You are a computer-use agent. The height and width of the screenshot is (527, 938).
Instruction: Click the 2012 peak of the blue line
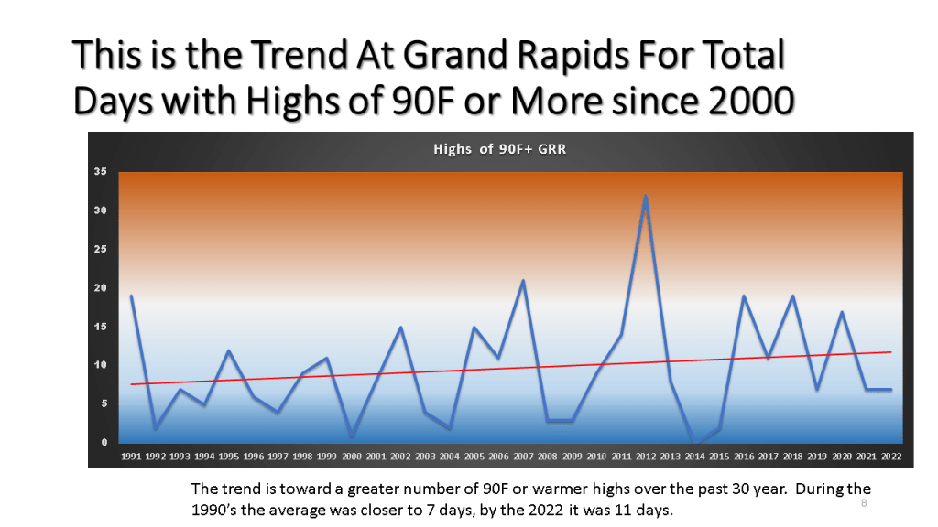click(x=646, y=196)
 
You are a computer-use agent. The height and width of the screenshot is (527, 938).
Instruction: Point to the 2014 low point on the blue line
click(x=694, y=443)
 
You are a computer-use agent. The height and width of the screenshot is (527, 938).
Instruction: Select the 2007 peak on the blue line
click(x=523, y=280)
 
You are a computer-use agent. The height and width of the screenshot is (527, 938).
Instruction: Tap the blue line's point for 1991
click(x=131, y=296)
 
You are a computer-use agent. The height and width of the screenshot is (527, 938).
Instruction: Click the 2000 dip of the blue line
click(x=352, y=436)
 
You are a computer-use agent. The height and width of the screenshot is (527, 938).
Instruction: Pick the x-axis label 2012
click(x=646, y=457)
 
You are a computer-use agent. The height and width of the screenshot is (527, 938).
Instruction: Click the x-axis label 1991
click(x=131, y=457)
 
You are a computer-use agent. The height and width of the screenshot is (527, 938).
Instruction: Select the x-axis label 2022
click(x=890, y=457)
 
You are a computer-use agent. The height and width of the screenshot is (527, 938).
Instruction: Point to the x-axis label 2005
click(x=474, y=457)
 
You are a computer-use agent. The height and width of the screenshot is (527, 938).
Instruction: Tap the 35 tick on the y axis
click(x=100, y=171)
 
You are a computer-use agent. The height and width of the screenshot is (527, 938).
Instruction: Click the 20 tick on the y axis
click(x=100, y=288)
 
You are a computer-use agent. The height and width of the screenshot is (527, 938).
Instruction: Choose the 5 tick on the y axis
click(x=104, y=403)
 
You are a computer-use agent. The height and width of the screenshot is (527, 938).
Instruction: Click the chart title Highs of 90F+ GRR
click(x=499, y=149)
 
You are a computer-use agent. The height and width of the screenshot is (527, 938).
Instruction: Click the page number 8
click(x=864, y=503)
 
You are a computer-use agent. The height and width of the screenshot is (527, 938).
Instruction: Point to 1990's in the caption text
click(x=214, y=511)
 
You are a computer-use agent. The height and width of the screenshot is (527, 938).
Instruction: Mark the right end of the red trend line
click(x=891, y=352)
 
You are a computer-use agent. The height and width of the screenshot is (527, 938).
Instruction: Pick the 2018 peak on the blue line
click(x=792, y=296)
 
